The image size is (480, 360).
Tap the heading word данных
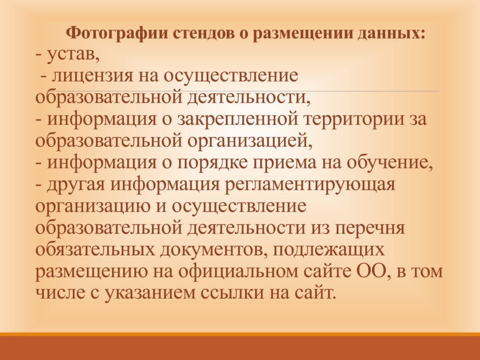[391, 33]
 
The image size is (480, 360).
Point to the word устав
[73, 55]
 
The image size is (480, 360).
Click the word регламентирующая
[310, 185]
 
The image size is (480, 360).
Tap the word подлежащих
[328, 250]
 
